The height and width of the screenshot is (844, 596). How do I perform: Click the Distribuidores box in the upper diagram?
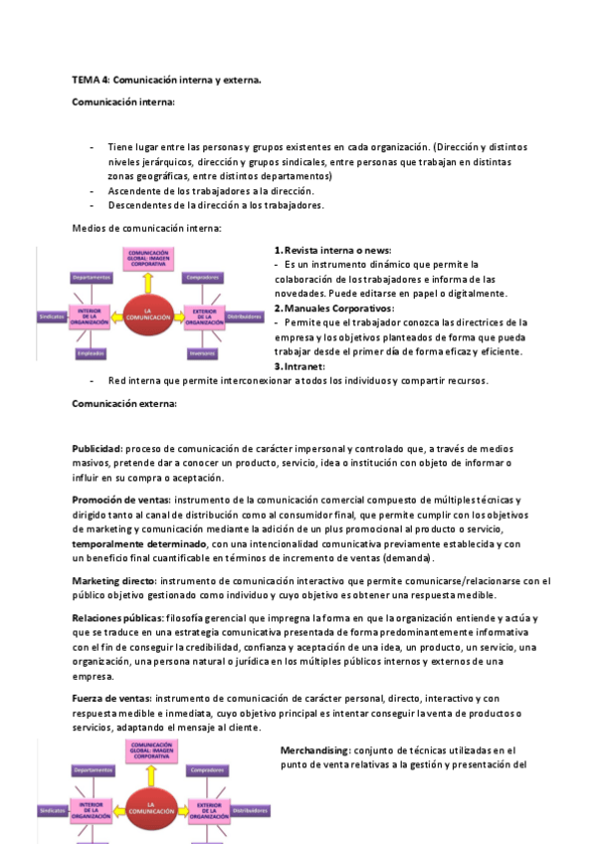coord(244,316)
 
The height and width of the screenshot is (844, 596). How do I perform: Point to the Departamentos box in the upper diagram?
coord(91,278)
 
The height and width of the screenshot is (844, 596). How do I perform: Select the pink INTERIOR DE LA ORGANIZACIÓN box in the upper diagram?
coord(91,316)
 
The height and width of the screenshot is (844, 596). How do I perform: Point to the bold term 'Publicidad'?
coord(97,449)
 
